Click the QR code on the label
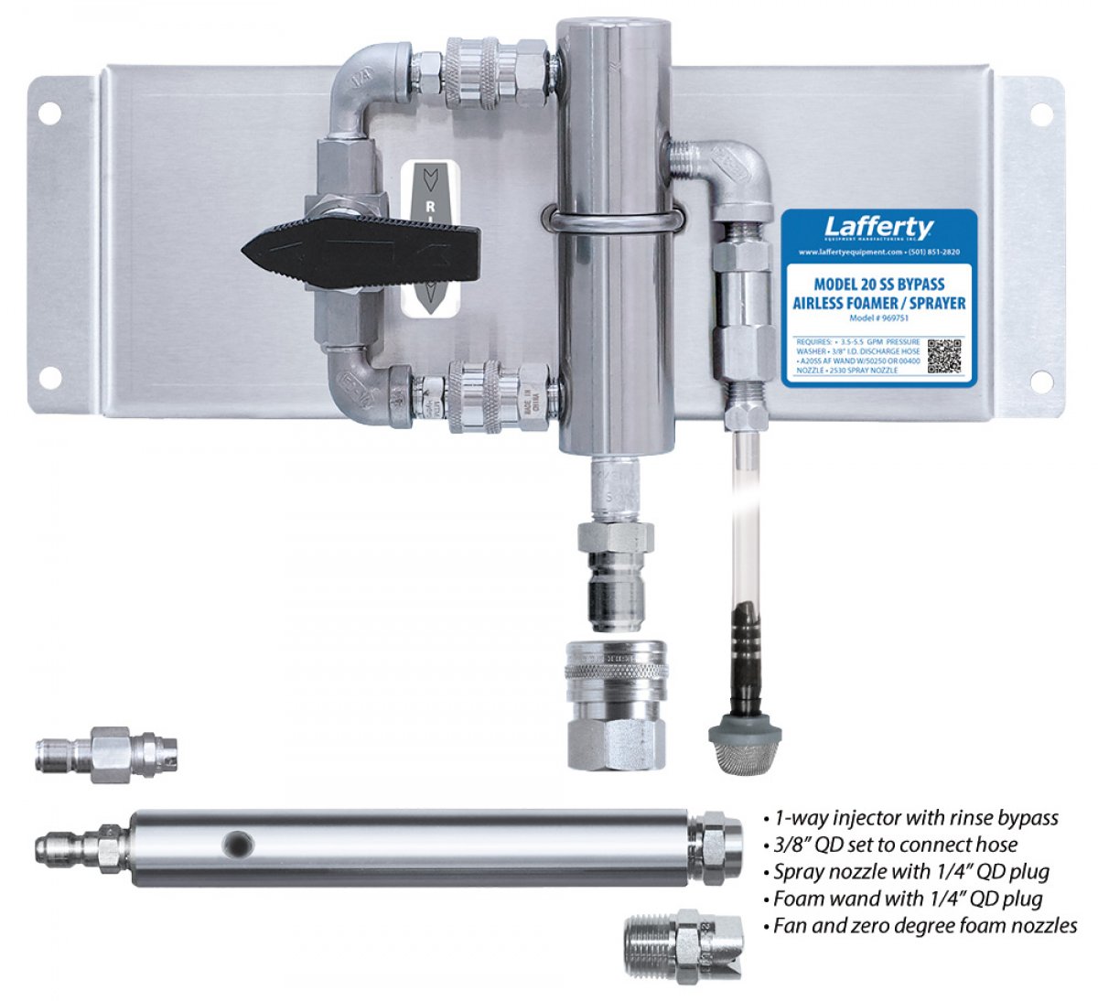(946, 355)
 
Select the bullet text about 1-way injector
(915, 818)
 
